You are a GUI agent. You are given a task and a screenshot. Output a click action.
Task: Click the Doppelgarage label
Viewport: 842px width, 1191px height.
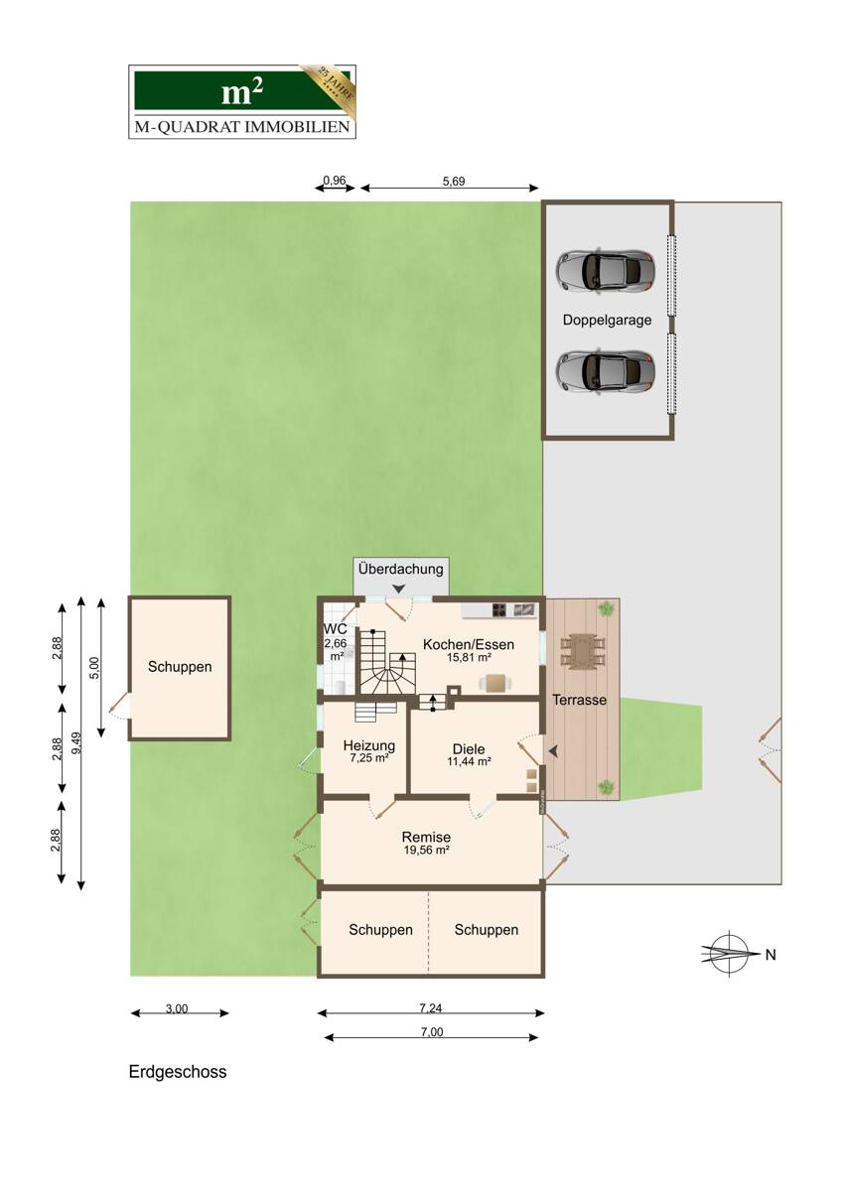(607, 321)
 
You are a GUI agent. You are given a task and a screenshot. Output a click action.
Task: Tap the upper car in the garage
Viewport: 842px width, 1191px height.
(606, 270)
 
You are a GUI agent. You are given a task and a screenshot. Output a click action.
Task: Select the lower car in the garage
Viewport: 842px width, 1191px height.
(606, 371)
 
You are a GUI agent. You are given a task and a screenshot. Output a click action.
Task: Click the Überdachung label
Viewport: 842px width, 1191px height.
(400, 569)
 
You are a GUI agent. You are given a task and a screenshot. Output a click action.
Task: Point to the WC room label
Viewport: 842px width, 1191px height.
(335, 629)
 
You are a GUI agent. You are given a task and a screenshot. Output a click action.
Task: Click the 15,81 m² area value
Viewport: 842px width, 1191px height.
(469, 657)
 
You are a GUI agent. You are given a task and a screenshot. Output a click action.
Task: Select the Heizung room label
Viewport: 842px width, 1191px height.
(369, 745)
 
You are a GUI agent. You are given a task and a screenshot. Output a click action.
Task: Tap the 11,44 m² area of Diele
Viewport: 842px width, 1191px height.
(469, 761)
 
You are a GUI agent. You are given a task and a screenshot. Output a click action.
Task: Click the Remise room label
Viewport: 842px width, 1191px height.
(426, 837)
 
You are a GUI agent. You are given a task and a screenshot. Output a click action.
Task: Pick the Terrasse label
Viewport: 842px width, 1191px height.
(579, 700)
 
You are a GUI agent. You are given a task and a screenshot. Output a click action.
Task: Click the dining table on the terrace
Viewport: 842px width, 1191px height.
(583, 651)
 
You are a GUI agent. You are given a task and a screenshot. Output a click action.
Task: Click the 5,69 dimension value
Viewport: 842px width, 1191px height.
(454, 182)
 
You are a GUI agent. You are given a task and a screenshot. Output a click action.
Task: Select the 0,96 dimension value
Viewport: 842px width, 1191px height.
(335, 181)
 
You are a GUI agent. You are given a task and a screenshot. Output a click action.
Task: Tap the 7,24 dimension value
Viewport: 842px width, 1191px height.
(431, 1007)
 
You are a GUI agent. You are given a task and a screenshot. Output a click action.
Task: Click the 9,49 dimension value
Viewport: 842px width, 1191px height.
(77, 742)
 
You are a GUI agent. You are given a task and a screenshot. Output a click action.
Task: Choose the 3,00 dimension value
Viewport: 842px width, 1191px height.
(177, 1008)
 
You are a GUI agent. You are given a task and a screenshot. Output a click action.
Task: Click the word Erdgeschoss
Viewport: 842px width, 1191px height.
(178, 1072)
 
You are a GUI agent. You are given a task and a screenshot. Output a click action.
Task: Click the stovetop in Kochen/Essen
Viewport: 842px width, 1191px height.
(498, 609)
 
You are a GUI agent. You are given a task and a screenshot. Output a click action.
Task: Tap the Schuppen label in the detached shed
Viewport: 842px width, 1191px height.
(180, 667)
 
